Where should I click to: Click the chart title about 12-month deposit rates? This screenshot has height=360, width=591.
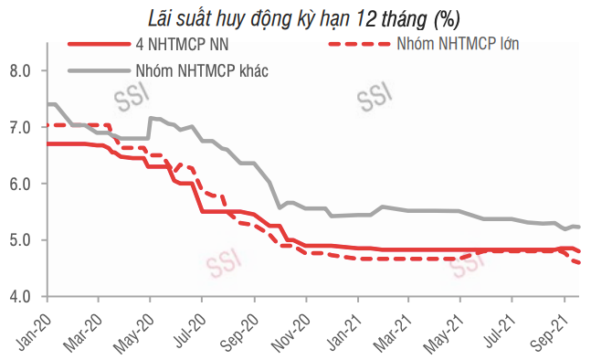tap(305, 17)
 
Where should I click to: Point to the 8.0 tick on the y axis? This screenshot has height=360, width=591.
tap(21, 70)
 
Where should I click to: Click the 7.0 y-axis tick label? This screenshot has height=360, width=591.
tap(21, 127)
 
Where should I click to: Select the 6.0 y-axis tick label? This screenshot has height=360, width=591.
tap(21, 184)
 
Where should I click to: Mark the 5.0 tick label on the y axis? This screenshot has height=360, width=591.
tap(21, 240)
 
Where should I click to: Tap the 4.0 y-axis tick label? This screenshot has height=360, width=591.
tap(21, 297)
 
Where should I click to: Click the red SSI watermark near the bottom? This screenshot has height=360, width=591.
tap(222, 267)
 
